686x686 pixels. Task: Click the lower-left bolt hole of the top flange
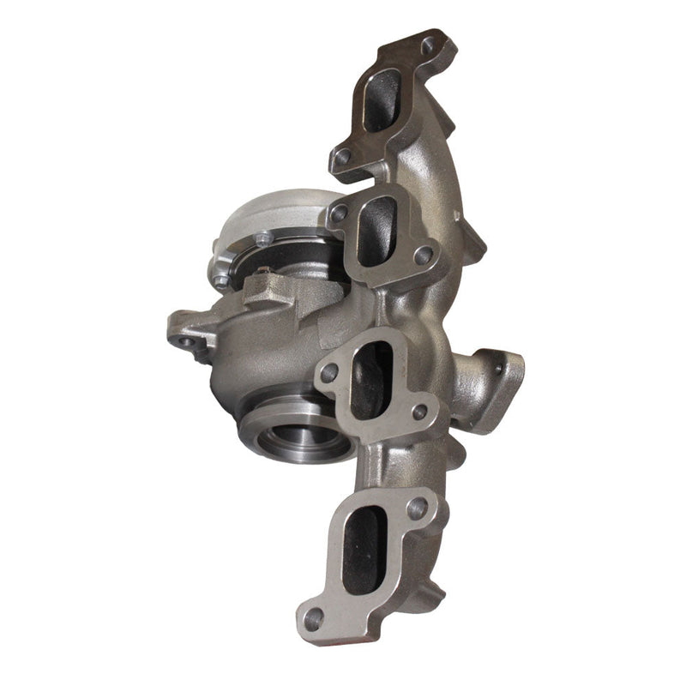(344, 157)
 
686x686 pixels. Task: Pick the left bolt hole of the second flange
(340, 212)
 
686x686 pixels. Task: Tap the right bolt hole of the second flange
(422, 255)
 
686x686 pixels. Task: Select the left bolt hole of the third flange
(328, 372)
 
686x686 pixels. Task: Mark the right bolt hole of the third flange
(419, 412)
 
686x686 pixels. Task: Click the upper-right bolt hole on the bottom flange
(418, 508)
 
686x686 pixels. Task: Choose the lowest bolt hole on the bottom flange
(314, 616)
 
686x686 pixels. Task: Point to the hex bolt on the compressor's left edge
(221, 280)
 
